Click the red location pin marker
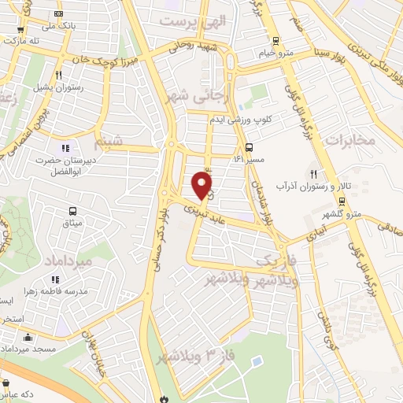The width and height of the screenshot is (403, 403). coord(203,184)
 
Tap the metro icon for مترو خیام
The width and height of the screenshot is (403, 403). coord(275,41)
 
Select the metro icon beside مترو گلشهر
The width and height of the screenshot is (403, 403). coord(340,200)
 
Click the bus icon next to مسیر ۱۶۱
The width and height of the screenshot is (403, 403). coord(249,147)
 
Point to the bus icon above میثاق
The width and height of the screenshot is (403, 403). coord(73,211)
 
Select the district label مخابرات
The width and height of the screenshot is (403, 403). coord(367,140)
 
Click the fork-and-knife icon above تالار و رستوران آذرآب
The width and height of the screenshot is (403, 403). coord(314,173)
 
